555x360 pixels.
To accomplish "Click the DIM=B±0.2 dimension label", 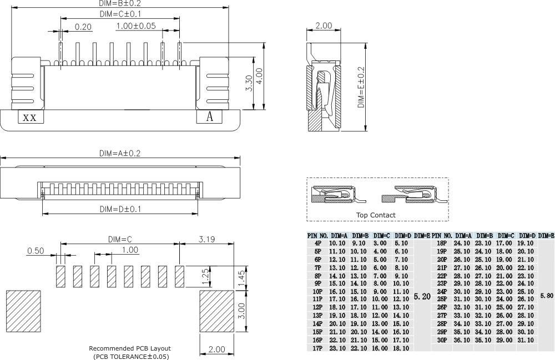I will tap(120, 3).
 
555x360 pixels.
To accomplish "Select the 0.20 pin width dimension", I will tap(83, 27).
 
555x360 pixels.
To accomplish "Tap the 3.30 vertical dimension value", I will tap(249, 83).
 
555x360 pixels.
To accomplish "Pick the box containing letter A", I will tap(210, 117).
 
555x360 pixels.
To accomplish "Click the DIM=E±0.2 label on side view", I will tap(361, 88).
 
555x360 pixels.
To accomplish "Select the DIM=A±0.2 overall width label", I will tap(119, 153).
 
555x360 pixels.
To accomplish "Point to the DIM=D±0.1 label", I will tap(119, 209).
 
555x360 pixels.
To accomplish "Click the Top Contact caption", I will tap(376, 215).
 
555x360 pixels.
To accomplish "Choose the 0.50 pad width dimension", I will tap(36, 251).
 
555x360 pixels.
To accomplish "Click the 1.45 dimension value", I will tap(241, 277).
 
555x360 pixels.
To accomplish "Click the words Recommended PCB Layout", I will tap(130, 348).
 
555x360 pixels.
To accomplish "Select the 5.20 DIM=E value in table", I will tap(422, 297).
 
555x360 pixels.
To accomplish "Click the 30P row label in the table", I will tap(442, 339).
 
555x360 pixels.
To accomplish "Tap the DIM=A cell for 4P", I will tap(337, 243).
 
